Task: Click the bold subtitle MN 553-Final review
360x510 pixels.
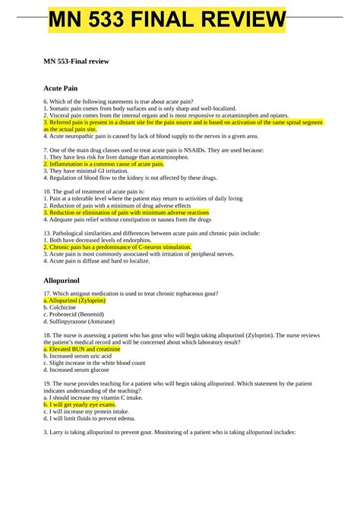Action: click(x=81, y=61)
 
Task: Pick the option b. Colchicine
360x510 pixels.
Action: click(x=65, y=307)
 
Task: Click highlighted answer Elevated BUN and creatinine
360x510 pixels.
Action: click(x=82, y=349)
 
